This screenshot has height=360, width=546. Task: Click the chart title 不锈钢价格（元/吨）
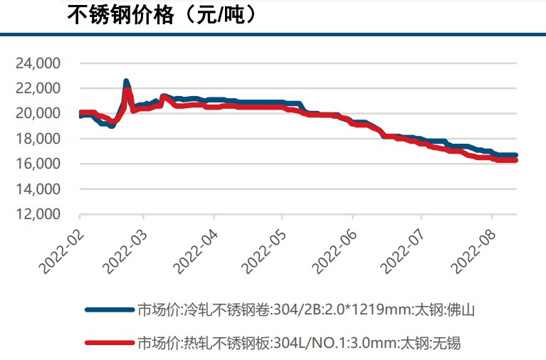(x=162, y=15)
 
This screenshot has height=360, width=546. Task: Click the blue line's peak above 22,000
(x=126, y=82)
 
